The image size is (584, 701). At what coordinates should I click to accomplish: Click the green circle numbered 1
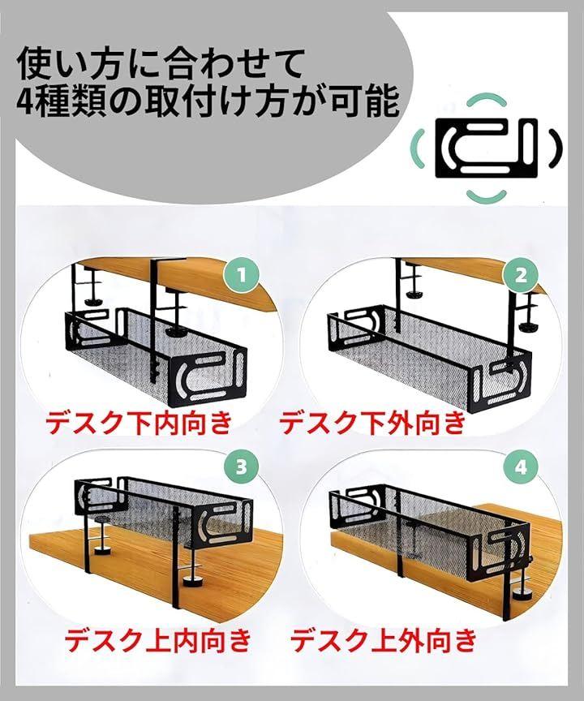pos(241,275)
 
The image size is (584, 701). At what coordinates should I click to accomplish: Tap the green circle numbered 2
pos(521,275)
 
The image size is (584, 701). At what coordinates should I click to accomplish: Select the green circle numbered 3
pos(241,467)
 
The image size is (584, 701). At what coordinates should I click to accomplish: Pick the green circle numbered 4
pos(521,468)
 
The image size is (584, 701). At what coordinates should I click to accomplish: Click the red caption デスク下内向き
pos(139,422)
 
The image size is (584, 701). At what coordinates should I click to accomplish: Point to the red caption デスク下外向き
pos(372,422)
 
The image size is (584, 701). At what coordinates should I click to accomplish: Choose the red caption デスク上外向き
pos(384,640)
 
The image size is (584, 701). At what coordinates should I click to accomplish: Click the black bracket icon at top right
pos(486,148)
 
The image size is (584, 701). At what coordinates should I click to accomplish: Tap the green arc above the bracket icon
pos(486,100)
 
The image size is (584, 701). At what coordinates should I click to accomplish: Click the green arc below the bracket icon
pos(486,196)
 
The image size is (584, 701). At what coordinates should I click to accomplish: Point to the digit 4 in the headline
pos(25,102)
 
